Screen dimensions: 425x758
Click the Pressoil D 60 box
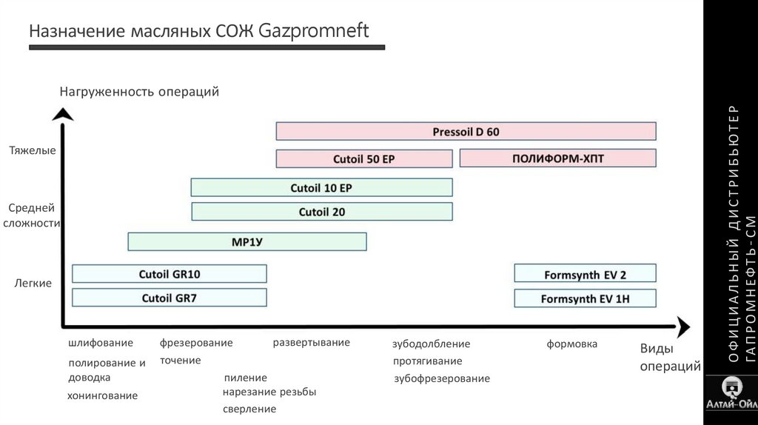466,132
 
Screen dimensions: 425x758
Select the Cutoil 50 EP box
363,158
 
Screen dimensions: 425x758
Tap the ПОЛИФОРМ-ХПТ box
557,158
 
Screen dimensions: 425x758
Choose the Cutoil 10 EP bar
321,188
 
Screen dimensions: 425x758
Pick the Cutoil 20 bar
321,212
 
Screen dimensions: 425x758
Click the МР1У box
246,241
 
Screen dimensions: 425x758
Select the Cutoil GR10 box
169,274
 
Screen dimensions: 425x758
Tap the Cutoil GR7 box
169,298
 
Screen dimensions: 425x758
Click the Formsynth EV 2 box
585,274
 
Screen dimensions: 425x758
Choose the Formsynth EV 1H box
585,299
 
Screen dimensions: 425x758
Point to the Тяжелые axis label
32,151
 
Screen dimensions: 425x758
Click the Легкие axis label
33,284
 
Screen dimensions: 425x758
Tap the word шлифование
101,344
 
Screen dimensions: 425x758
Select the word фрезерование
196,343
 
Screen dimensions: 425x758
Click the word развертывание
311,343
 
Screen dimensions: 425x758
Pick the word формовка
571,344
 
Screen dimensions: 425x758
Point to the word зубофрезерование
442,379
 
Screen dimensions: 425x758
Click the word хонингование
102,396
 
